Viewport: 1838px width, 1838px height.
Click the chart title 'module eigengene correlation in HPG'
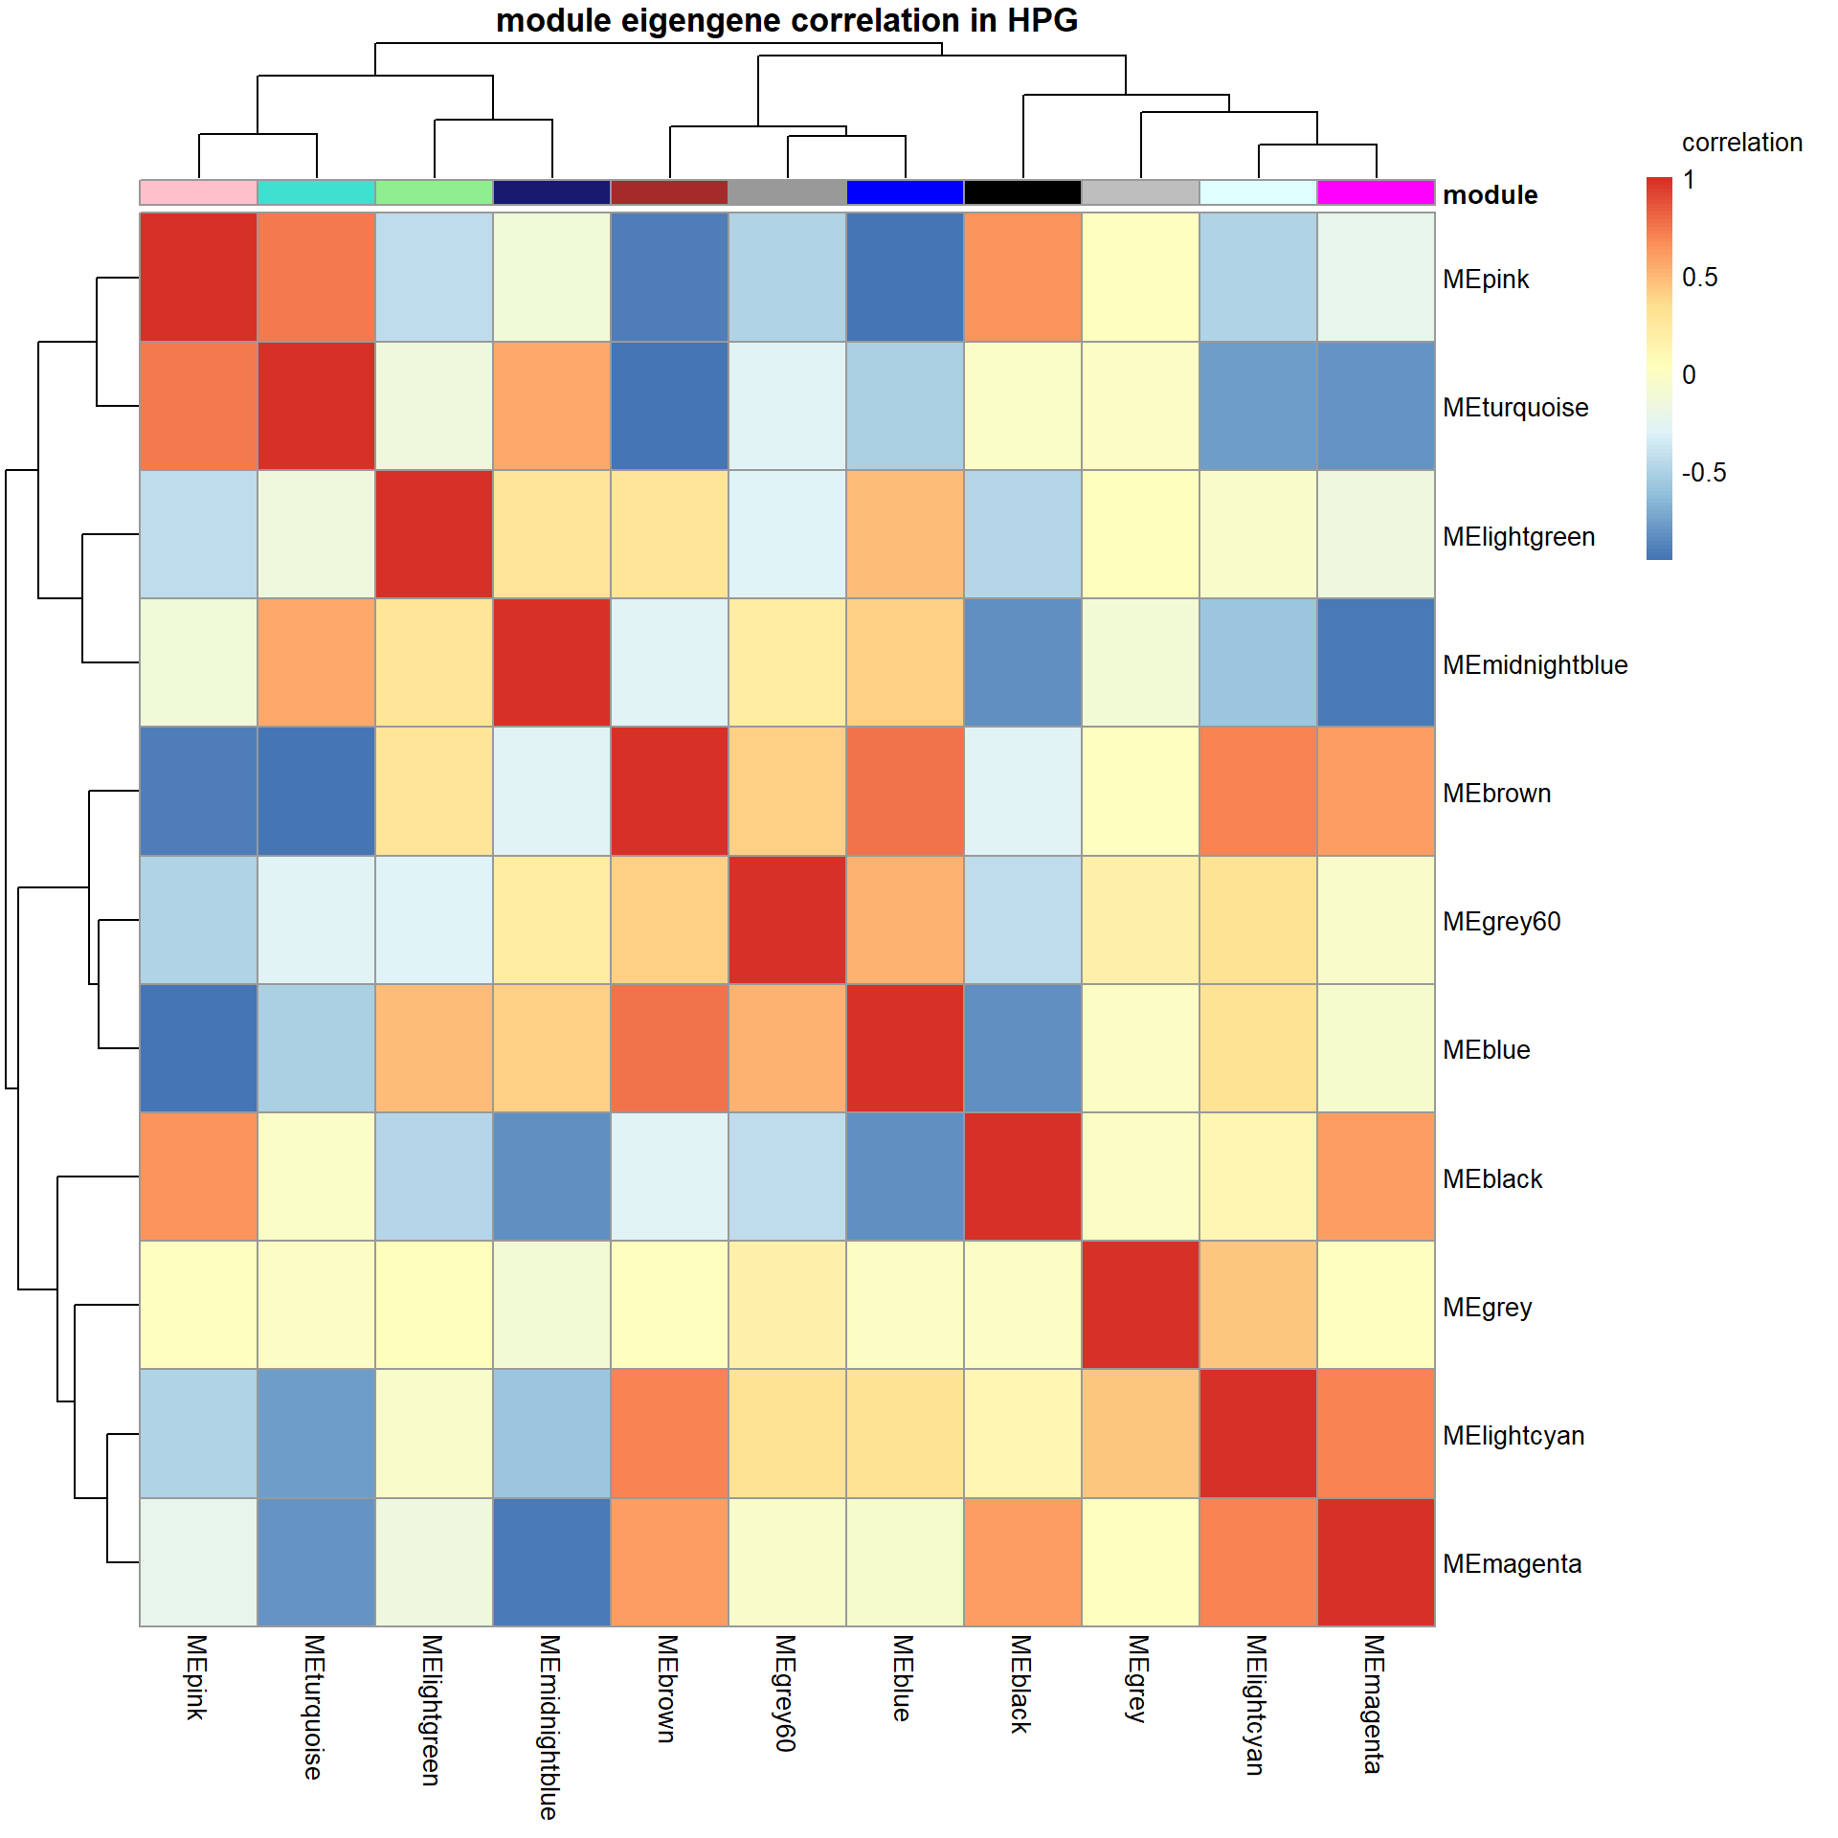(786, 21)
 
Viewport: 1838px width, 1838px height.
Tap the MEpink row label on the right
(1485, 280)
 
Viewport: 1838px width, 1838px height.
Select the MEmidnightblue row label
(1534, 665)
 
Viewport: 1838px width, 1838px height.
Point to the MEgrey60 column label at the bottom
(785, 1692)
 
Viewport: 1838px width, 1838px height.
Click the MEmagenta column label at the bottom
(1375, 1704)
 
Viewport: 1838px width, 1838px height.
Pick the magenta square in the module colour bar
(1376, 192)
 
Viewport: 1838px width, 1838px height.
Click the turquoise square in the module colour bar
(316, 192)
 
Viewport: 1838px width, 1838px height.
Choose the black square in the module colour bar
(1022, 192)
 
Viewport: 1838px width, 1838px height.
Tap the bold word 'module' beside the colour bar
(1490, 195)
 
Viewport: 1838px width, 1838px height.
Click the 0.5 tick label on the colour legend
(1699, 278)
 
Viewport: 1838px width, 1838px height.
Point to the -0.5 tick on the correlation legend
(1703, 473)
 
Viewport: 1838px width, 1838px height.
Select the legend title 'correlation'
(1741, 143)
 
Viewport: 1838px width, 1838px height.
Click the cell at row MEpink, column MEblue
(905, 277)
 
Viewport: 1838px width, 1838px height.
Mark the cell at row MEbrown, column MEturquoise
(316, 791)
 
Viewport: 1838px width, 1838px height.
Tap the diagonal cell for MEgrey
(1140, 1305)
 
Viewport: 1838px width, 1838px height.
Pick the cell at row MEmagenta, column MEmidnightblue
(551, 1562)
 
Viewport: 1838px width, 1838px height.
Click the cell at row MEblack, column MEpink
(198, 1177)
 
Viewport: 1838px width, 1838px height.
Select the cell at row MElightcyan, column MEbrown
(669, 1433)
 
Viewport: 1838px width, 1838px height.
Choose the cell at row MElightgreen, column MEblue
(905, 534)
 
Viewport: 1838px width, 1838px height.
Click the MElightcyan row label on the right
(1513, 1436)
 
